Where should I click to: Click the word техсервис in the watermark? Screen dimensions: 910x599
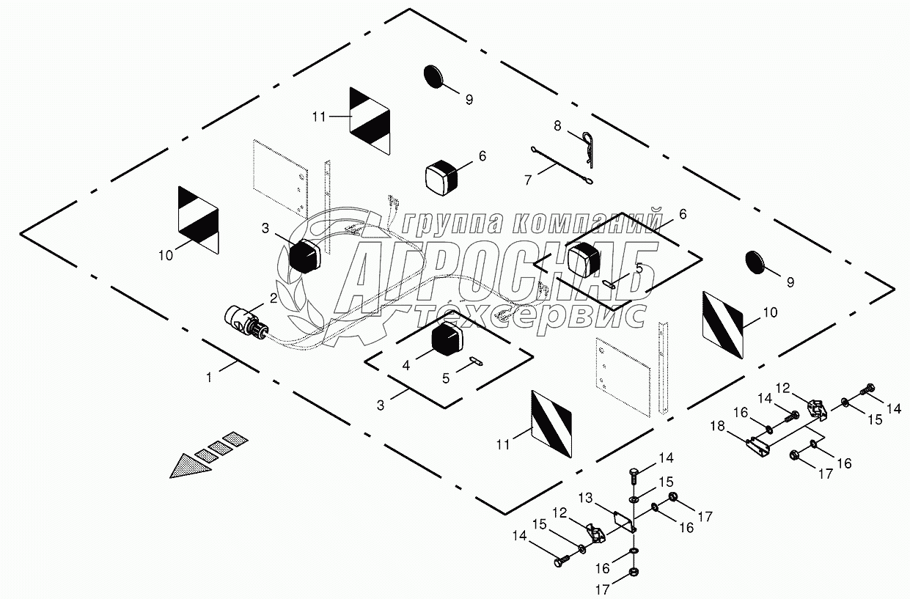(529, 315)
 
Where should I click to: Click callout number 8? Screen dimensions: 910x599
(557, 126)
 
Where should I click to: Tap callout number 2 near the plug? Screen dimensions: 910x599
(273, 298)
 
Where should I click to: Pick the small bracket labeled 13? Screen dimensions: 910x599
(623, 521)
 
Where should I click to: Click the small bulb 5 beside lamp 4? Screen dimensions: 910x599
(475, 359)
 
